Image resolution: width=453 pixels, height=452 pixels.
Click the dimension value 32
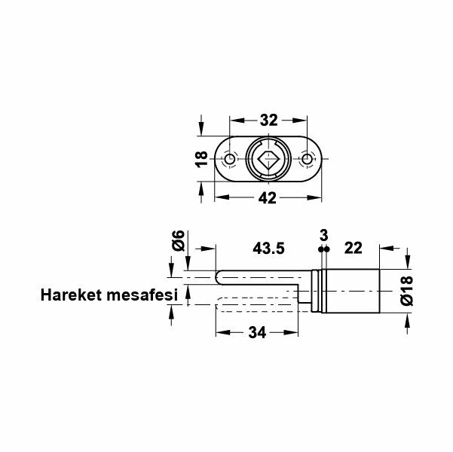click(x=269, y=119)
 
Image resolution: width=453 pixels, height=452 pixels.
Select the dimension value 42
click(x=268, y=198)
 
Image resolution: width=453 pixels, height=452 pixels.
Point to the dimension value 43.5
click(x=268, y=247)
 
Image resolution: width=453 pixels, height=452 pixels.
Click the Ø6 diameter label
click(x=178, y=241)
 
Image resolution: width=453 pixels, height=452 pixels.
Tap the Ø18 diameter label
click(x=408, y=290)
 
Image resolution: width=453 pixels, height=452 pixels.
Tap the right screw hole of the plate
click(x=306, y=160)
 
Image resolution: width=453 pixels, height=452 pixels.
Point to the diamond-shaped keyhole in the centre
click(x=268, y=160)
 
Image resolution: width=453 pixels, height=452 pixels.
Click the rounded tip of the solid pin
click(x=219, y=279)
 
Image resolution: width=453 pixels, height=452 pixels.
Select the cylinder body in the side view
click(x=354, y=290)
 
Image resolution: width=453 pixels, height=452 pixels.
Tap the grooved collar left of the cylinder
click(x=320, y=290)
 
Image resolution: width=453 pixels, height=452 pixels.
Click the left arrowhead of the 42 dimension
click(x=219, y=198)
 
